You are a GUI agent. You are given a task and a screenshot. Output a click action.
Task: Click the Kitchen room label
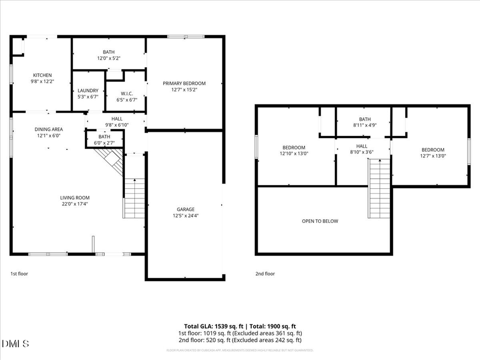point(42,75)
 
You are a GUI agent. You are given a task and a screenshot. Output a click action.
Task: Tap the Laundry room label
point(88,91)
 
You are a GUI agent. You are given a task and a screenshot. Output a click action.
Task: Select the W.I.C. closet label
point(126,94)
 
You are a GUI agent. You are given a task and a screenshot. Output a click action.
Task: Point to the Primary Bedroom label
point(184,83)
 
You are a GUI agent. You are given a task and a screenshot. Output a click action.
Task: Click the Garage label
point(186,209)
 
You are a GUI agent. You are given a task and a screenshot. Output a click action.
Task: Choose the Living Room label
point(75,197)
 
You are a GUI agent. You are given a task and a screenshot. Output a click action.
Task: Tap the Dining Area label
point(49,129)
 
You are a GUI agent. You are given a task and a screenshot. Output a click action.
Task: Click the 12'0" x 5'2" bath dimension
point(109,58)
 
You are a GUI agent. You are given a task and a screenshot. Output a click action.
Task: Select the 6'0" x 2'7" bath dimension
point(104,143)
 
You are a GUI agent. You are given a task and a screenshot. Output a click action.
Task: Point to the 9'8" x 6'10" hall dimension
point(116,125)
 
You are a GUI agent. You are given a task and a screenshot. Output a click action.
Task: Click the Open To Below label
point(319,221)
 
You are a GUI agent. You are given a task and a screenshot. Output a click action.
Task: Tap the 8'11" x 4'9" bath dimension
point(365,125)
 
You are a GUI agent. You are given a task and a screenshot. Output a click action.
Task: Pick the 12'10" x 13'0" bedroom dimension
point(294,154)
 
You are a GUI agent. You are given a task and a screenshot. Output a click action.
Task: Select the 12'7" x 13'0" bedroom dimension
point(433,156)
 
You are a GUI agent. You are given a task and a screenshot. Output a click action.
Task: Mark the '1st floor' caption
point(19,274)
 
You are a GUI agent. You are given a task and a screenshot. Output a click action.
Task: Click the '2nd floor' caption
point(265,274)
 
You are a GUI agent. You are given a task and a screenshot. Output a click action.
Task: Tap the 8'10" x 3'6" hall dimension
point(362,152)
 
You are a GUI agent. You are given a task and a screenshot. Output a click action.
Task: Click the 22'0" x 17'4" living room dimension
point(75,203)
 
